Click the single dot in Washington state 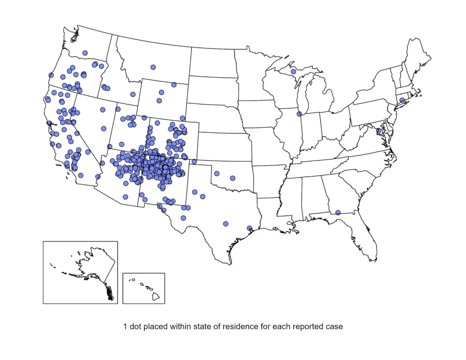(85, 52)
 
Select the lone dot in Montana (153, 67)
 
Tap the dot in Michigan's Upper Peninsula (293, 71)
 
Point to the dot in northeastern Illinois (299, 114)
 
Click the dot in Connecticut (402, 100)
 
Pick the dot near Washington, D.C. (379, 130)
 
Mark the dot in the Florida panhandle (338, 212)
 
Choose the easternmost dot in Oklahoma (232, 178)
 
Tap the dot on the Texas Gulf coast (250, 228)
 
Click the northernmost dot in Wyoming (174, 84)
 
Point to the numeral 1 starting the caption (125, 327)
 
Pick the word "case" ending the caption (334, 327)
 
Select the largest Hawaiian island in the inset (156, 296)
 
